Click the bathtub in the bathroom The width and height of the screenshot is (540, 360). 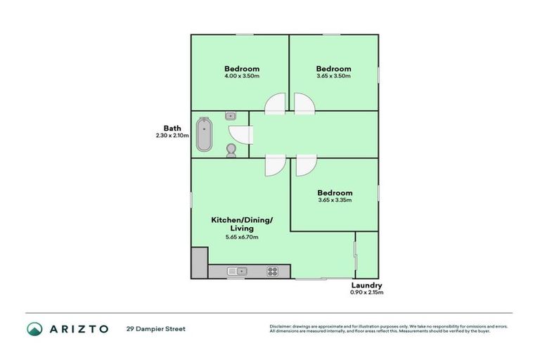coord(205,134)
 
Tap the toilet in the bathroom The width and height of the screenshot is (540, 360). coord(231,149)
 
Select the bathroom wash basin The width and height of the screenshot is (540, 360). coord(231,116)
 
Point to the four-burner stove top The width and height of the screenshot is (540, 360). coord(273,271)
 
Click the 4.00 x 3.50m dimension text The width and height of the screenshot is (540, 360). coord(241,76)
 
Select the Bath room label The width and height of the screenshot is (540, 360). coord(172,128)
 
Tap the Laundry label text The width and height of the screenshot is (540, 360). coord(366,285)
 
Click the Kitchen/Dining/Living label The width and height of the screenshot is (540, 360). coord(241,224)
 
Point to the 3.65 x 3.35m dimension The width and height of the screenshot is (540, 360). coord(334,200)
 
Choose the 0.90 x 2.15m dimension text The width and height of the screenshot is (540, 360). coord(366,292)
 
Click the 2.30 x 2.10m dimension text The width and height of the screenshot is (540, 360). coord(172,136)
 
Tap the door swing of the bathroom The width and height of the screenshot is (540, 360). coord(240,134)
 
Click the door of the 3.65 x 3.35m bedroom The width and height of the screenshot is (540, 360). coord(306,166)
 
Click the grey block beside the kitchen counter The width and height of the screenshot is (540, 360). coord(199,263)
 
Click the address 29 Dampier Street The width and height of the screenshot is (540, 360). coord(155,328)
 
